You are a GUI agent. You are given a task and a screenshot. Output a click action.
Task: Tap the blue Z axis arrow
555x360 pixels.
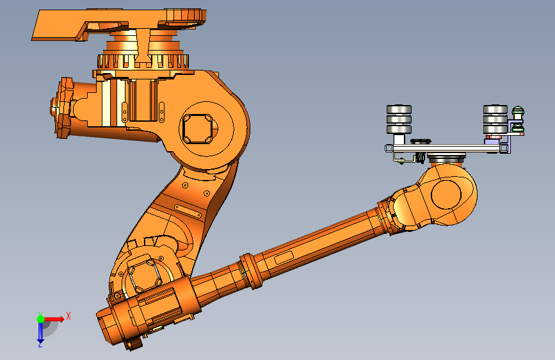[x=40, y=332]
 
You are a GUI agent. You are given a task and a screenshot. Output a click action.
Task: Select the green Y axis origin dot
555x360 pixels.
[x=40, y=318]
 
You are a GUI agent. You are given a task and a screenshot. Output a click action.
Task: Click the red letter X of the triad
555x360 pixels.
[x=68, y=316]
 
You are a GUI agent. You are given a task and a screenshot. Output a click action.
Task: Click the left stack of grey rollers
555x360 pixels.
[x=399, y=120]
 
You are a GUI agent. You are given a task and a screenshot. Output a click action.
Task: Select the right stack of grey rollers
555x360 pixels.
[x=495, y=120]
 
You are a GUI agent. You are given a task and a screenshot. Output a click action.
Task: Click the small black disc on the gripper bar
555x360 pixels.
[x=421, y=141]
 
